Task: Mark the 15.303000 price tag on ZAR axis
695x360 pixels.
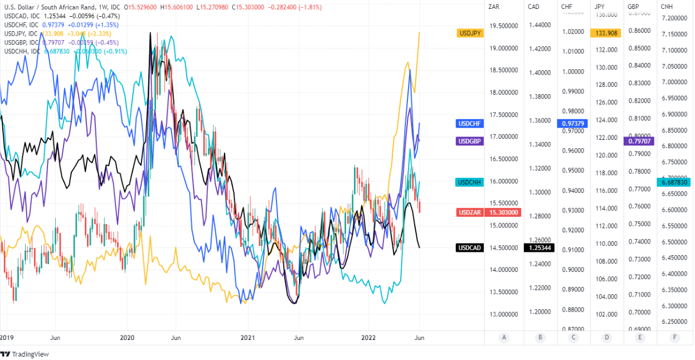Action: coord(504,212)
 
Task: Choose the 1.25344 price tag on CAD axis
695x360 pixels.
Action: coord(539,247)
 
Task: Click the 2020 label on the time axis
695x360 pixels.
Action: coord(127,338)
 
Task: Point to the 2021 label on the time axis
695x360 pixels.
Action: coord(247,338)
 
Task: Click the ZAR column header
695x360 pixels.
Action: coord(493,7)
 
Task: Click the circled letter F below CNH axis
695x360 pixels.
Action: coord(675,337)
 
